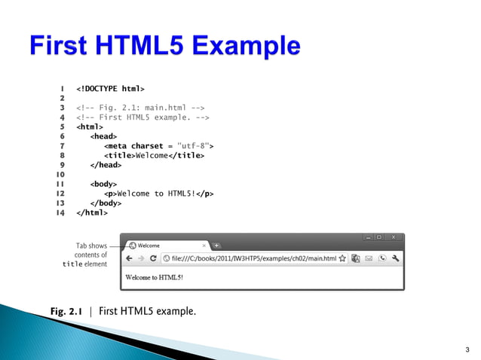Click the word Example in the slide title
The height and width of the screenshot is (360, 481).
pyautogui.click(x=242, y=47)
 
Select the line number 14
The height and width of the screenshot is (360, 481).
pyautogui.click(x=60, y=212)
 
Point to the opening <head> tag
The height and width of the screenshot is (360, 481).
pyautogui.click(x=103, y=136)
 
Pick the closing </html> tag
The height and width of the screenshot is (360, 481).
pyautogui.click(x=92, y=212)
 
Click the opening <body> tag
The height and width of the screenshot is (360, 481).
pyautogui.click(x=103, y=184)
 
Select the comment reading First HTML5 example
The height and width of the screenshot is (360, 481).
pyautogui.click(x=143, y=117)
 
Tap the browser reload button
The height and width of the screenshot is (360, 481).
pyautogui.click(x=154, y=258)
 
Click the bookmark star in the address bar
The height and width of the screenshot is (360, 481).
pyautogui.click(x=343, y=258)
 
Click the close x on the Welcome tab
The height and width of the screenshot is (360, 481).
pyautogui.click(x=204, y=246)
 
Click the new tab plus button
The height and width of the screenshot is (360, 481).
pyautogui.click(x=216, y=246)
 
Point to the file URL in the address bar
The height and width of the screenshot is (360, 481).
pyautogui.click(x=253, y=258)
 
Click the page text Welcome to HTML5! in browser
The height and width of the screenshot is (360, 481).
pyautogui.click(x=154, y=277)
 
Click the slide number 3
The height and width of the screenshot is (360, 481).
pyautogui.click(x=467, y=349)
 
